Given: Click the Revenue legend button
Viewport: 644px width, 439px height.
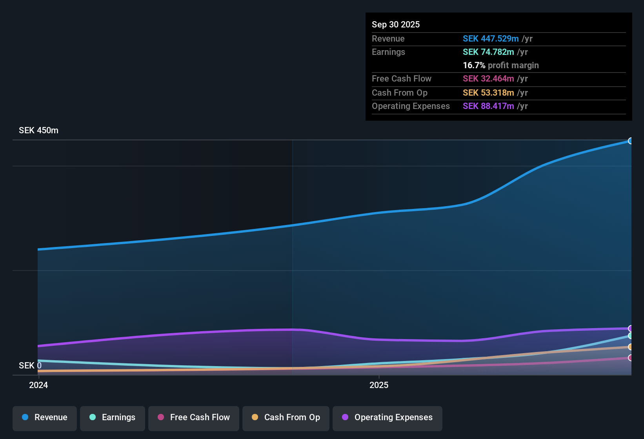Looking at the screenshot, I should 45,417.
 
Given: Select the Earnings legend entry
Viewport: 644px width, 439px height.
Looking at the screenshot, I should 113,417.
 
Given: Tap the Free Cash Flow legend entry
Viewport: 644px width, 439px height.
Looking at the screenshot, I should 194,417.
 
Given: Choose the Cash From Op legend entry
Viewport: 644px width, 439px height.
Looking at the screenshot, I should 286,417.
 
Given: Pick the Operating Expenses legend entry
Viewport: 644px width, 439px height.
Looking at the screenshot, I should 387,417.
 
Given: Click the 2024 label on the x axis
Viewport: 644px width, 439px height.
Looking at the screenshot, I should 38,385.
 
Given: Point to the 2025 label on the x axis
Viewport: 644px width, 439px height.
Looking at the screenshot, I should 379,385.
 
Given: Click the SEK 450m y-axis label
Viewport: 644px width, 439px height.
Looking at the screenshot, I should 38,131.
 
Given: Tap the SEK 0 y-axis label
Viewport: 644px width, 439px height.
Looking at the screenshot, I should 30,365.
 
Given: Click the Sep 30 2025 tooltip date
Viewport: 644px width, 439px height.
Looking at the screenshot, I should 395,24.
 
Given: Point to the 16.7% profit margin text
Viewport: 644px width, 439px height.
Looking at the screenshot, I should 500,65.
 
